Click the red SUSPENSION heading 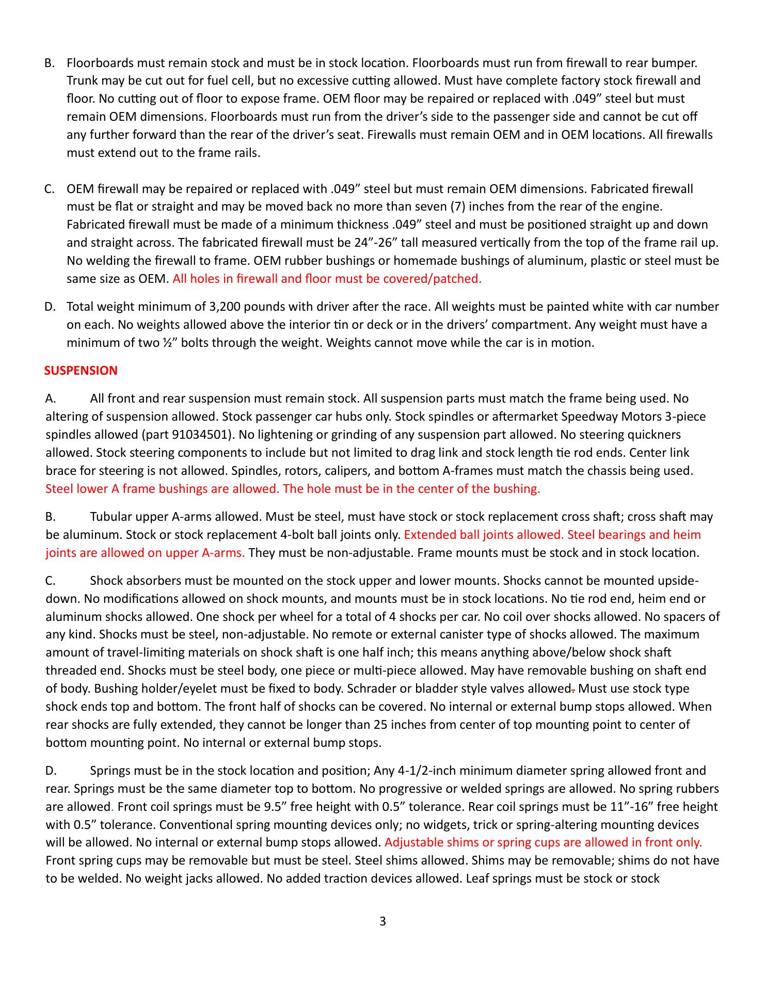pyautogui.click(x=81, y=371)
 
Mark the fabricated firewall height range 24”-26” pyautogui.click(x=376, y=243)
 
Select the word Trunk pyautogui.click(x=82, y=81)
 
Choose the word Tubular pyautogui.click(x=110, y=517)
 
